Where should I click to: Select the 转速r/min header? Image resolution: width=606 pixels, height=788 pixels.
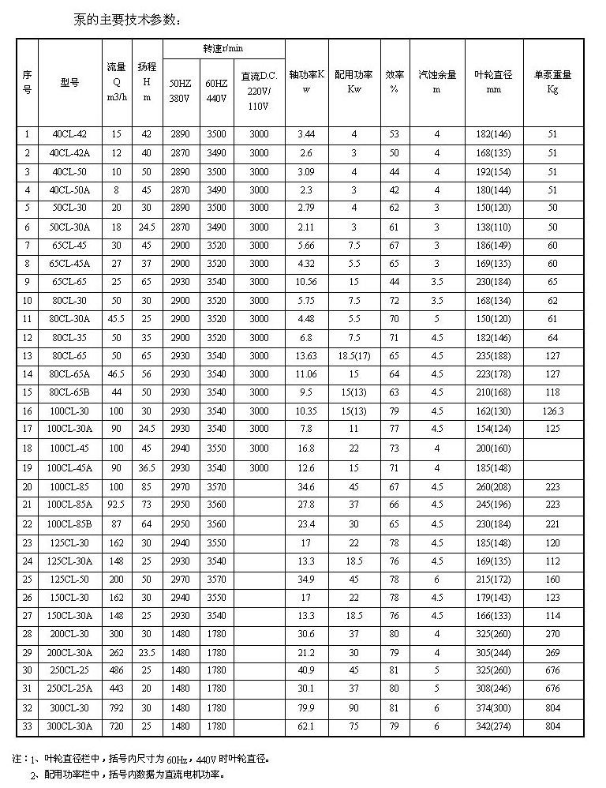223,48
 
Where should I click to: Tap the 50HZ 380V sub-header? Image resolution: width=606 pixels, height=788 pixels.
181,91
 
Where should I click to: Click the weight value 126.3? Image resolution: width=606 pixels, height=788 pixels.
552,411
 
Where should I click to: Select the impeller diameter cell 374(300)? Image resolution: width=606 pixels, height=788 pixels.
493,708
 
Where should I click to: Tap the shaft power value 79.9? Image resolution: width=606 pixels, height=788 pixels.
306,708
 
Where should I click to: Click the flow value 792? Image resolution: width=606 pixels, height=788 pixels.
116,708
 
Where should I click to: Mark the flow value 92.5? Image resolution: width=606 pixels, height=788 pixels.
116,504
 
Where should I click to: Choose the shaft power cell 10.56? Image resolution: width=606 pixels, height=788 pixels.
306,282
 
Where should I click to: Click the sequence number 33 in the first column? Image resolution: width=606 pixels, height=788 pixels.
27,726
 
